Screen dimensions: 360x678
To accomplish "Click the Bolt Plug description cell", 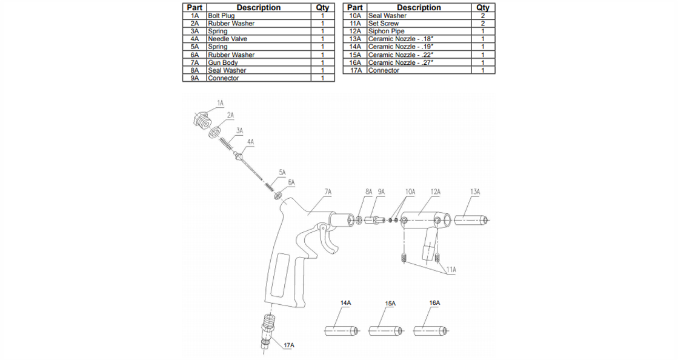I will click(221, 16).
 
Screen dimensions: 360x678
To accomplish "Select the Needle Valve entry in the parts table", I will click(228, 39).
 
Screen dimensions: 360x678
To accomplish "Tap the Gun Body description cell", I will click(223, 62).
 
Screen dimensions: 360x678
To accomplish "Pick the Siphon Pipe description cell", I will click(387, 31).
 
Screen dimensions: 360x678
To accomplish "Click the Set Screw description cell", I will click(384, 23).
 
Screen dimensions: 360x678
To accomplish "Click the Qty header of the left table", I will click(322, 8).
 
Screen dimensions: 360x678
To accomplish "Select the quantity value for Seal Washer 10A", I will click(483, 16).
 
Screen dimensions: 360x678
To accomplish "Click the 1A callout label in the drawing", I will click(220, 103).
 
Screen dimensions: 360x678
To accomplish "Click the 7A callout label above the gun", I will click(328, 192).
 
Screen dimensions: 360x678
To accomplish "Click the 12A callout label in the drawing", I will click(435, 192).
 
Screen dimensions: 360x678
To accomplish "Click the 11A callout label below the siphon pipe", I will click(451, 269).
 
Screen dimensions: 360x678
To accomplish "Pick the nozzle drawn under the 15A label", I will click(383, 330).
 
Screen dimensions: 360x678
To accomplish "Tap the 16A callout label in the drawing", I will click(434, 302).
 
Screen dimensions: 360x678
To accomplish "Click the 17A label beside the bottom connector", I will click(289, 345).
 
